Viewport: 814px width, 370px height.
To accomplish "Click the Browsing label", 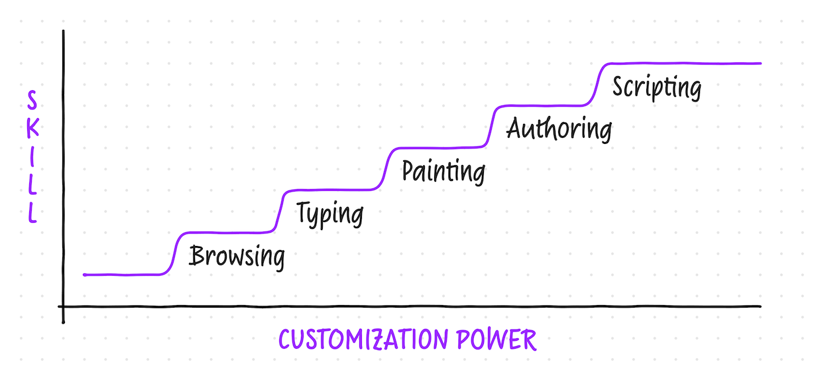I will pos(237,256).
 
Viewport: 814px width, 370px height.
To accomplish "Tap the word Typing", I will pos(329,214).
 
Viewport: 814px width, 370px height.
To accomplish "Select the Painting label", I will pos(443,171).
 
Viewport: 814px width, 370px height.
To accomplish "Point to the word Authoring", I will pos(559,129).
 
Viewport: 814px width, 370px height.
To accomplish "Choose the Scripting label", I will pos(656,87).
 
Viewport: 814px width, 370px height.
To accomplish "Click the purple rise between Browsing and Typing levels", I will pos(279,211).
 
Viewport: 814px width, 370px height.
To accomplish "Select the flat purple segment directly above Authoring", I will pos(540,105).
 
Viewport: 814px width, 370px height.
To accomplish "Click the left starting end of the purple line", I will pos(85,274).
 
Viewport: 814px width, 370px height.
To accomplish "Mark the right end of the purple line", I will pos(760,64).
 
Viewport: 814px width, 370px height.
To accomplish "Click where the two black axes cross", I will pos(63,306).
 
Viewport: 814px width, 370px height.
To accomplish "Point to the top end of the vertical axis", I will pos(63,31).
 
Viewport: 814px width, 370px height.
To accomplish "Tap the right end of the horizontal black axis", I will pos(760,306).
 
